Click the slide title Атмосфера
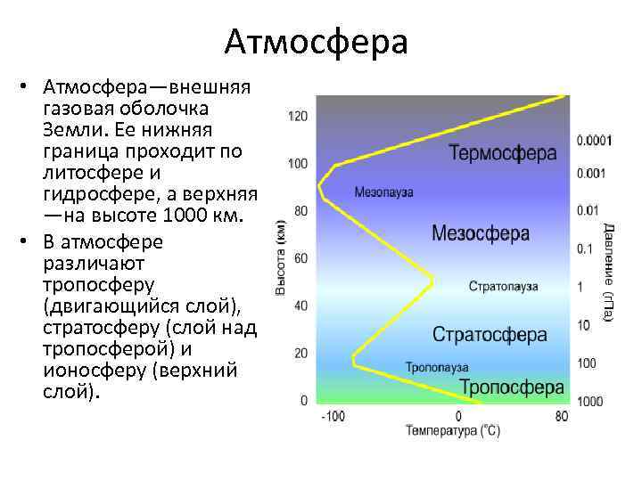point(317,42)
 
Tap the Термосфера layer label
point(503,152)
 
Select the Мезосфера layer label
point(481,233)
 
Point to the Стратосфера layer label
point(490,335)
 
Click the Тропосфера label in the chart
point(512,387)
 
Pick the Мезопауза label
point(383,192)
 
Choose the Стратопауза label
point(504,287)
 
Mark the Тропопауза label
point(437,366)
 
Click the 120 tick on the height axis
point(298,117)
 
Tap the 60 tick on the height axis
point(301,258)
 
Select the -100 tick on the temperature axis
point(333,416)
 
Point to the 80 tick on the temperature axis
point(561,416)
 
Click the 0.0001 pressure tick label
point(595,140)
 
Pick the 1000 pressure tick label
point(589,402)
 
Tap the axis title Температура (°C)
point(453,432)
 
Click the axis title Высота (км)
point(281,257)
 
